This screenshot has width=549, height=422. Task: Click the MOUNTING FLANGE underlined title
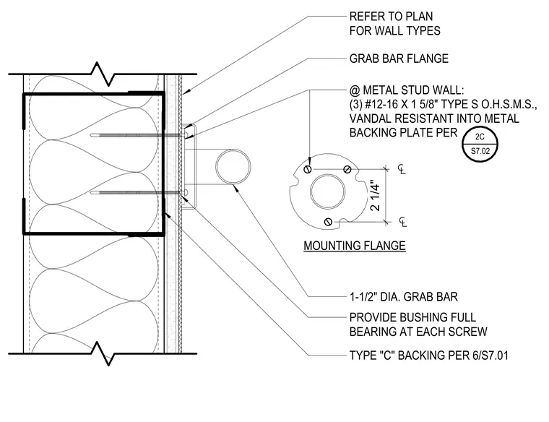pyautogui.click(x=355, y=246)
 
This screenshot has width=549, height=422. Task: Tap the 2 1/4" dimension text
pyautogui.click(x=375, y=196)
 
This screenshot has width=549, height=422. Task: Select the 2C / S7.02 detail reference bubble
pyautogui.click(x=480, y=145)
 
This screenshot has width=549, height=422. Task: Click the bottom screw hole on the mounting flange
pyautogui.click(x=328, y=222)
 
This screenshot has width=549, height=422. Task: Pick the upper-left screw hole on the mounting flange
pyautogui.click(x=308, y=170)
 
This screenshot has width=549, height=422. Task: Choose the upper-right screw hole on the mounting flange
pyautogui.click(x=347, y=170)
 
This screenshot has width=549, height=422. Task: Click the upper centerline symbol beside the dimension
pyautogui.click(x=402, y=169)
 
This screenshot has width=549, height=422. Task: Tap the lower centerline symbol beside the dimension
pyautogui.click(x=403, y=222)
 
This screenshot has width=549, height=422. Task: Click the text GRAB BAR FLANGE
pyautogui.click(x=399, y=59)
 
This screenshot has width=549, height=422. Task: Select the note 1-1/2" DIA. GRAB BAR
pyautogui.click(x=403, y=297)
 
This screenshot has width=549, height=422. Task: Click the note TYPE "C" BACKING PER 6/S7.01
pyautogui.click(x=428, y=356)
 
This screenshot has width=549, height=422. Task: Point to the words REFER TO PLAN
pyautogui.click(x=391, y=17)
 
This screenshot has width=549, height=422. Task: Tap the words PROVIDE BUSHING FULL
pyautogui.click(x=412, y=317)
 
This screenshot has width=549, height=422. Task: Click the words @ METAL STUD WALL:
pyautogui.click(x=407, y=90)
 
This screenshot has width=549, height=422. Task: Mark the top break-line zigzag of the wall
pyautogui.click(x=103, y=74)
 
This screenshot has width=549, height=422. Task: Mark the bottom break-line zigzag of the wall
pyautogui.click(x=103, y=353)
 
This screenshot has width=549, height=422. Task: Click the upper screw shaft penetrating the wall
pyautogui.click(x=138, y=135)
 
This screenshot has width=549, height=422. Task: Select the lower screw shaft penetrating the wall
pyautogui.click(x=138, y=192)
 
